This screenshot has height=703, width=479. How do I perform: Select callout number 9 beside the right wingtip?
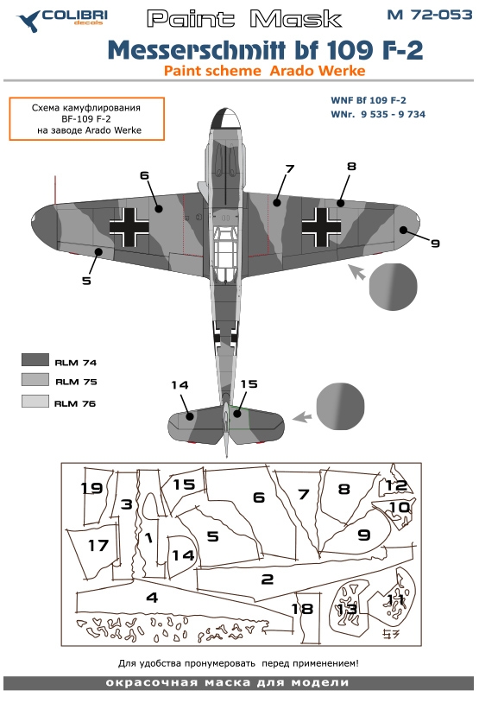(x=435, y=243)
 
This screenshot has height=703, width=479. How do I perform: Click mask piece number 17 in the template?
(x=98, y=546)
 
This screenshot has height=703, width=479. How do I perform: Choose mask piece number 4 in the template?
(x=151, y=598)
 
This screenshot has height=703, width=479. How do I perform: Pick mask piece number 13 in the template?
(x=347, y=608)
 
